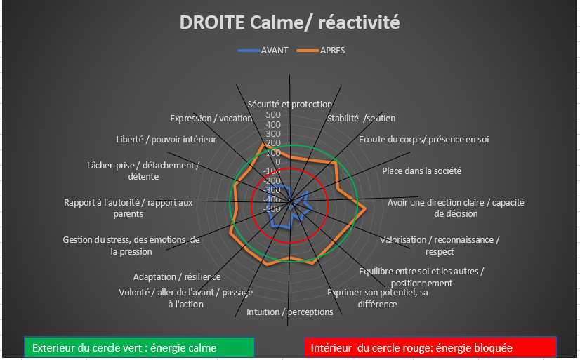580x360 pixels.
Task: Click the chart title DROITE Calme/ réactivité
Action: pyautogui.click(x=289, y=22)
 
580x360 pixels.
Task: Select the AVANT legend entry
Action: pyautogui.click(x=263, y=51)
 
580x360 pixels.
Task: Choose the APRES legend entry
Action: pyautogui.click(x=321, y=51)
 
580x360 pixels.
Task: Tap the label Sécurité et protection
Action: pyautogui.click(x=289, y=105)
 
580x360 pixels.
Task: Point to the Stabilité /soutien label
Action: pyautogui.click(x=361, y=119)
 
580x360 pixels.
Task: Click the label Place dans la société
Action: pyautogui.click(x=422, y=171)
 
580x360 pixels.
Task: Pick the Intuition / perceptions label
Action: pyautogui.click(x=289, y=312)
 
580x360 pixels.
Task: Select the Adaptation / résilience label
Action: pyautogui.click(x=177, y=276)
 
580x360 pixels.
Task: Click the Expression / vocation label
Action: pyautogui.click(x=211, y=119)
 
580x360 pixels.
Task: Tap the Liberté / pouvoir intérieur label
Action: pyautogui.click(x=166, y=140)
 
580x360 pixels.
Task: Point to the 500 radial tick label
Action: pyautogui.click(x=273, y=115)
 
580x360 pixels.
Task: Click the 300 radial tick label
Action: pyautogui.click(x=273, y=134)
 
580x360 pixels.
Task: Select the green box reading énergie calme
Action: pyautogui.click(x=140, y=348)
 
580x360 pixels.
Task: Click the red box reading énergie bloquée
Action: pyautogui.click(x=430, y=348)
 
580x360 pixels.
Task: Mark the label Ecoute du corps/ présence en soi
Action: pyautogui.click(x=424, y=140)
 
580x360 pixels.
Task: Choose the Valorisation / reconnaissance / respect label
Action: pyautogui.click(x=440, y=246)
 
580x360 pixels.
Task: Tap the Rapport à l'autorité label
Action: pyautogui.click(x=128, y=208)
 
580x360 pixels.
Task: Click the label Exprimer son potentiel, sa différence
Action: pyautogui.click(x=378, y=298)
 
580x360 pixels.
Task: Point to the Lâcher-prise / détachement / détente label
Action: pyautogui.click(x=143, y=171)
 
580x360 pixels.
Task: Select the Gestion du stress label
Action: pyautogui.click(x=131, y=246)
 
